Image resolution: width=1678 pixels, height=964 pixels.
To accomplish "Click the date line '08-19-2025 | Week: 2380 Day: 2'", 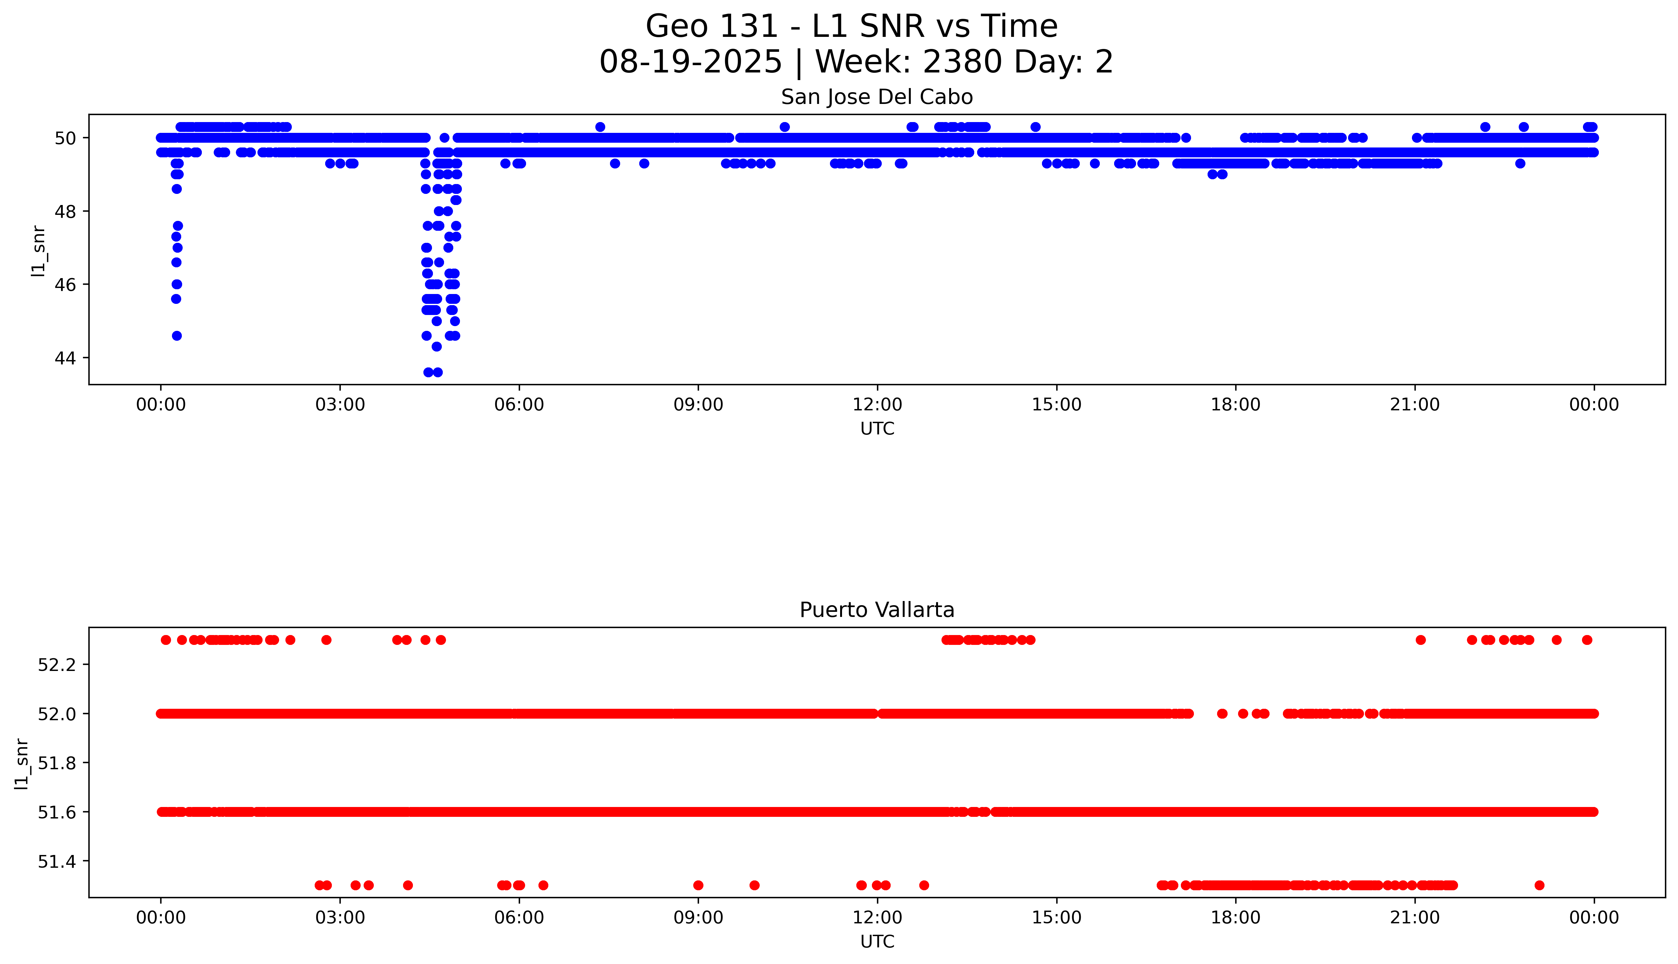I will [x=856, y=62].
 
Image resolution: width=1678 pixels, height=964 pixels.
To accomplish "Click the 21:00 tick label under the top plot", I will [x=1414, y=405].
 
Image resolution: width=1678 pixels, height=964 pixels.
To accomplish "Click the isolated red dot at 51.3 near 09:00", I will [x=698, y=885].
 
